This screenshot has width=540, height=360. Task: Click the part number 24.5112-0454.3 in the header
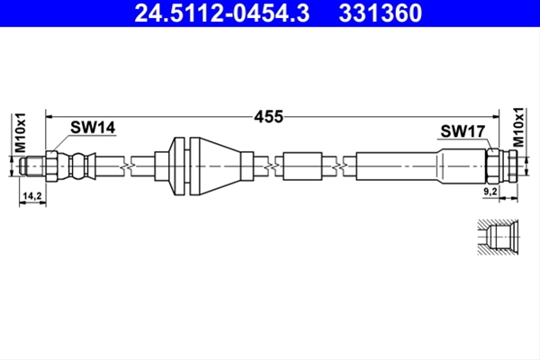pyautogui.click(x=222, y=13)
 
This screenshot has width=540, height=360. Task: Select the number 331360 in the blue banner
pyautogui.click(x=380, y=13)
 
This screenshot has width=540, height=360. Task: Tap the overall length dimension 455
pyautogui.click(x=268, y=117)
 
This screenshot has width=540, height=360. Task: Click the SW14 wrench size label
pyautogui.click(x=93, y=128)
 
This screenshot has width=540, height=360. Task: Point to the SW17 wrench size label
pyautogui.click(x=463, y=131)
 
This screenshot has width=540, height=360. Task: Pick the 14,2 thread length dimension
pyautogui.click(x=32, y=196)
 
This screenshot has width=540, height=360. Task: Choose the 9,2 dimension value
pyautogui.click(x=490, y=192)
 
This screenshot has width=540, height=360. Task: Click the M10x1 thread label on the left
pyautogui.click(x=21, y=132)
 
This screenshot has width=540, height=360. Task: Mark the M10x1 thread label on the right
pyautogui.click(x=518, y=127)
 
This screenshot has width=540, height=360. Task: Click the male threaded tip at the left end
pyautogui.click(x=32, y=166)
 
